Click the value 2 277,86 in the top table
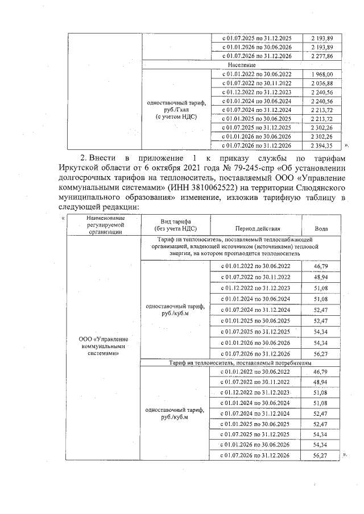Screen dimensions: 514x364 pos(321,57)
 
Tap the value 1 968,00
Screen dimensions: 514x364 pos(321,74)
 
